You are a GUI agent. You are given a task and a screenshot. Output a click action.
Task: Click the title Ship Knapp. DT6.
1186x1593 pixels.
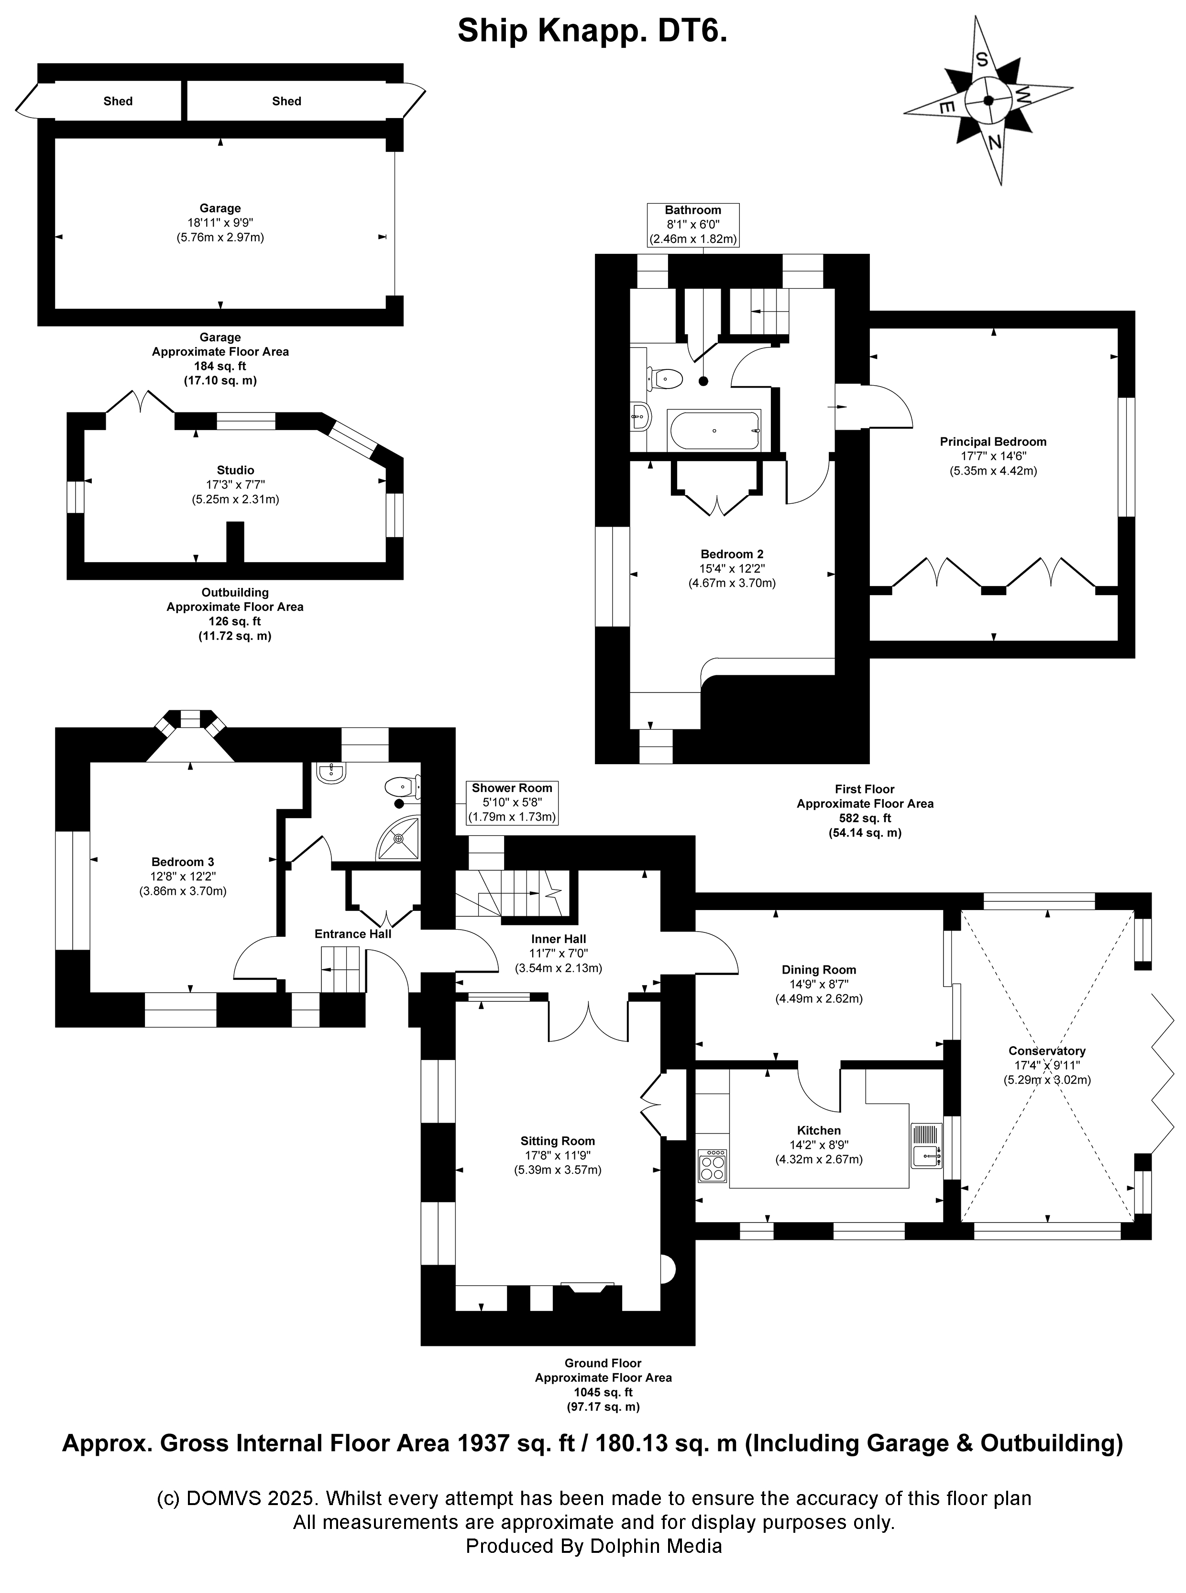click(592, 32)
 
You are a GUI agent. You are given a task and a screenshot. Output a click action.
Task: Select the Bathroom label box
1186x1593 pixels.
click(693, 225)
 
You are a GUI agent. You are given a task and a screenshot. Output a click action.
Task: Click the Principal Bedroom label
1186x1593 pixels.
click(993, 442)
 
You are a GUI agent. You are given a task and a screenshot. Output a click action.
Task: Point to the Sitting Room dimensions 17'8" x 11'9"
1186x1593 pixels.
click(558, 1155)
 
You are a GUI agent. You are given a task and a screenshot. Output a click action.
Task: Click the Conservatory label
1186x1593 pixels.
click(1047, 1051)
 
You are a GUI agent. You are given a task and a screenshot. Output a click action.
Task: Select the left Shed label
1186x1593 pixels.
click(118, 101)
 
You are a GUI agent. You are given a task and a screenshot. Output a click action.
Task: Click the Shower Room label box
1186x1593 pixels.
click(512, 802)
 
